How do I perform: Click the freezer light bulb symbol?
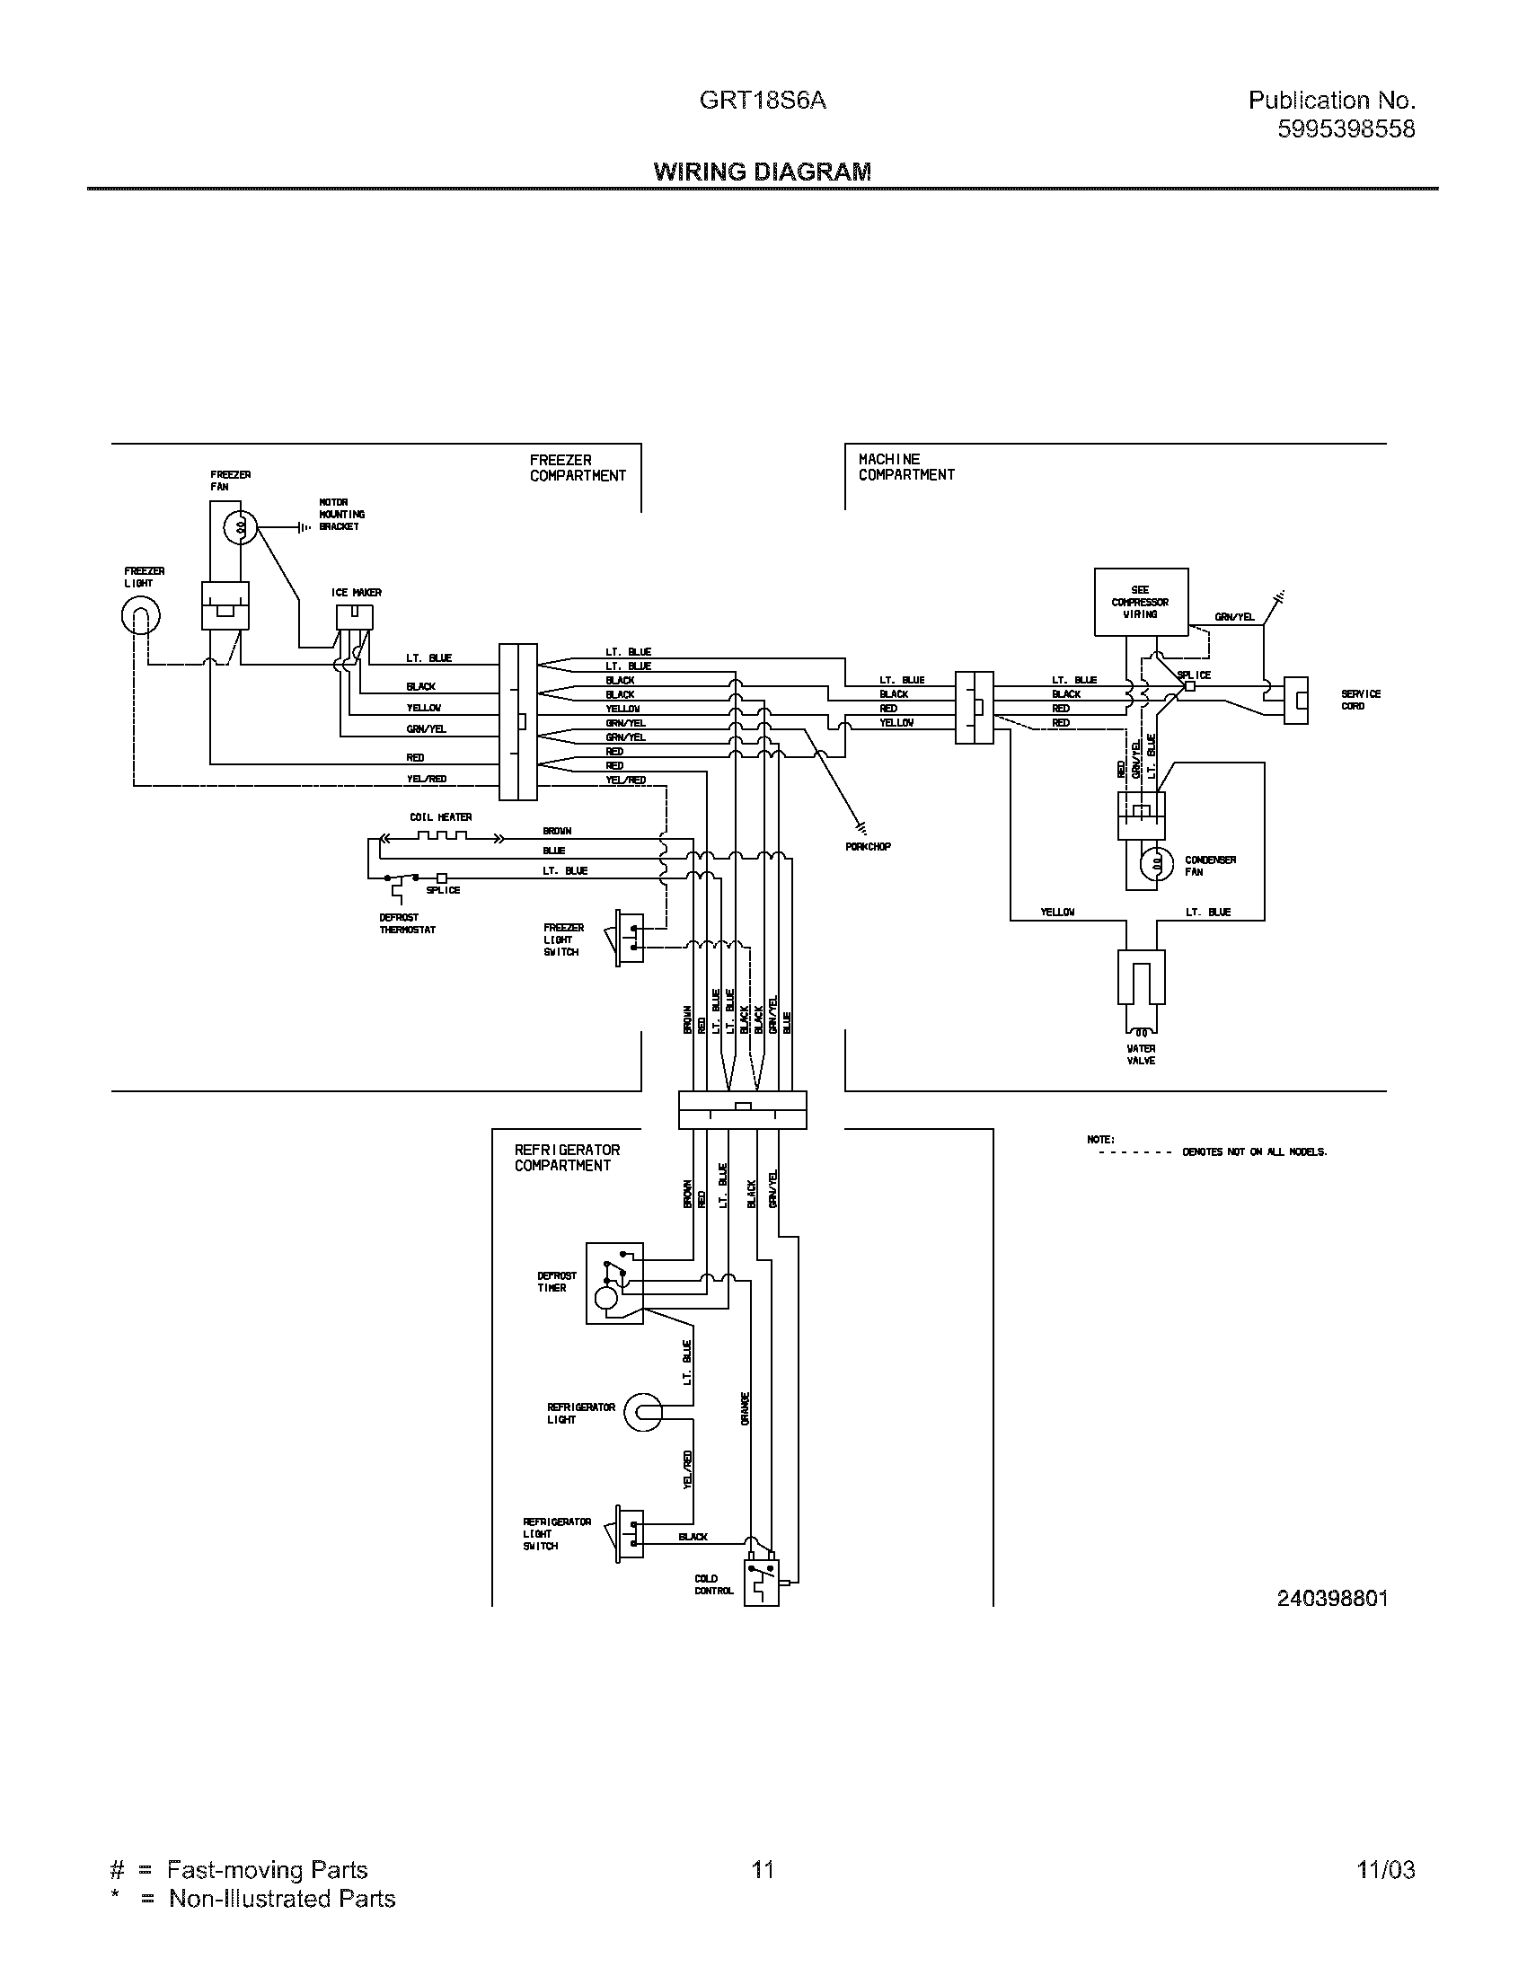point(141,617)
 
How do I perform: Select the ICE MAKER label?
point(356,593)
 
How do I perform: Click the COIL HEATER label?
point(440,817)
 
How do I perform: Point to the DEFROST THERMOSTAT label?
point(407,922)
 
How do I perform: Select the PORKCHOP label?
point(868,847)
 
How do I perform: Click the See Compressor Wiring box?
point(1140,602)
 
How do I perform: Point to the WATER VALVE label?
point(1141,1055)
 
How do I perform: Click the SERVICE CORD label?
point(1360,700)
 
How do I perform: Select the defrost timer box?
point(614,1283)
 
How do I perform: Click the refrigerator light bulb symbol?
point(643,1411)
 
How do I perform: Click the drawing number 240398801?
point(1331,1599)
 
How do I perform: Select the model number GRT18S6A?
point(762,101)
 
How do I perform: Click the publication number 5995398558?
point(1346,129)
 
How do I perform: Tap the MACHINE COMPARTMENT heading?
point(905,467)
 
